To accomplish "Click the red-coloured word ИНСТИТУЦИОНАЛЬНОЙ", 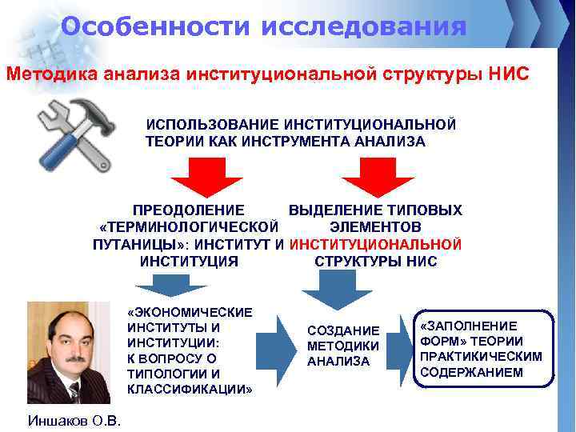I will pos(375,244).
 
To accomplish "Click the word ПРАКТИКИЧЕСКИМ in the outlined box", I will pos(481,356).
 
